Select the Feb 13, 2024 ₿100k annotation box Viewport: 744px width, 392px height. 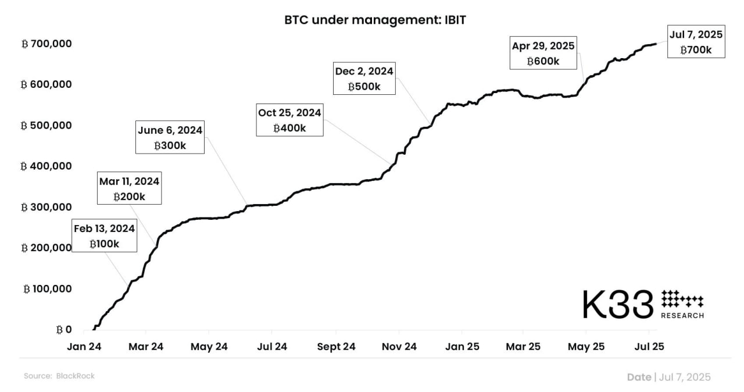[x=105, y=236]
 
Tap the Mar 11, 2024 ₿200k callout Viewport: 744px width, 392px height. [x=129, y=188]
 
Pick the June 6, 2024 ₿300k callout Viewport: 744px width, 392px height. [x=170, y=137]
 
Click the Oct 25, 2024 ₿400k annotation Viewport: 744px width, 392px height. [x=289, y=120]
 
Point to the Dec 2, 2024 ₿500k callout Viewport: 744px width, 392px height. [x=364, y=79]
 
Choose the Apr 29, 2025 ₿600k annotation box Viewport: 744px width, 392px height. [x=543, y=53]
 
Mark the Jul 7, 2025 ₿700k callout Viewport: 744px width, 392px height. [x=696, y=42]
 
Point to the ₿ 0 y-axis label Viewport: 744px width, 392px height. [x=63, y=330]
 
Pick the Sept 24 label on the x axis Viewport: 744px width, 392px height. [x=336, y=347]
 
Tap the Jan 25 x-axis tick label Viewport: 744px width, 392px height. [x=462, y=347]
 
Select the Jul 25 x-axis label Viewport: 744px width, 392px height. [x=649, y=347]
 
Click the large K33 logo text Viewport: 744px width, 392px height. [x=618, y=304]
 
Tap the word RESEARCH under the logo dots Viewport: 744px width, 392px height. [x=682, y=316]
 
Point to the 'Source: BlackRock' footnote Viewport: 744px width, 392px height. [x=59, y=376]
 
